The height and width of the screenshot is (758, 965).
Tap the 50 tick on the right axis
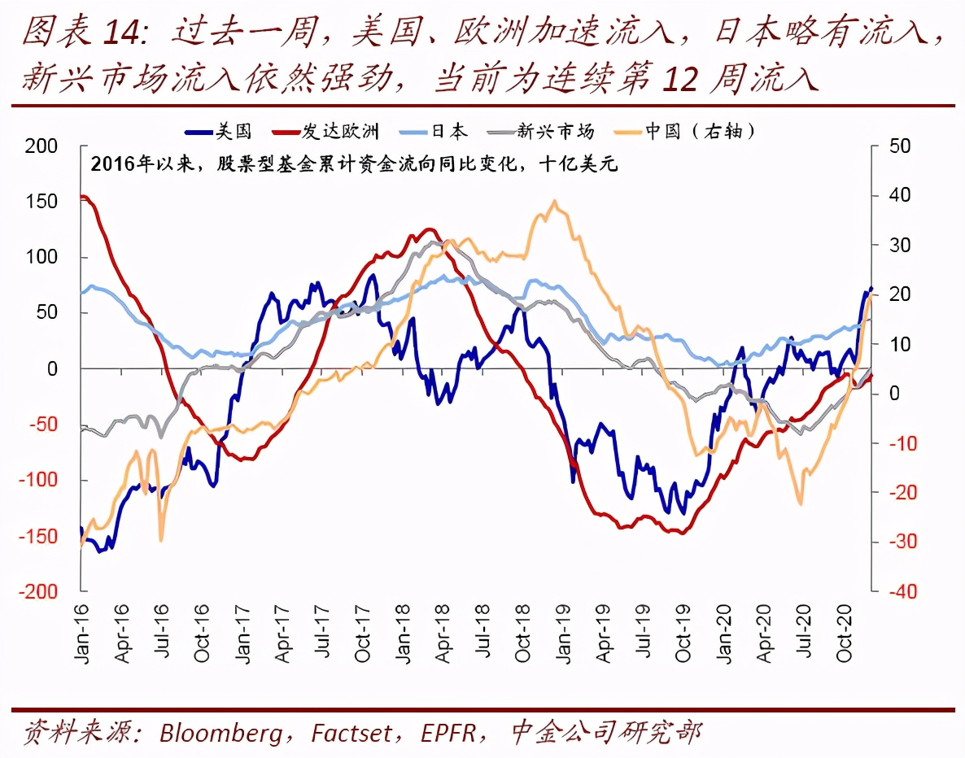point(900,146)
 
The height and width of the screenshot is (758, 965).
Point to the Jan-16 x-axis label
point(81,632)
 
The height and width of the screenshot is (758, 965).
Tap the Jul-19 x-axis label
point(644,632)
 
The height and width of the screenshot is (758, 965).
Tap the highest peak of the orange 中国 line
point(555,201)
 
